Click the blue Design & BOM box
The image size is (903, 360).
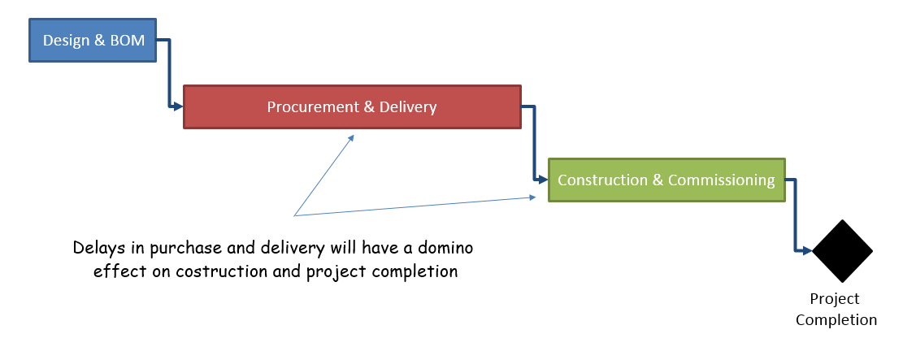93,41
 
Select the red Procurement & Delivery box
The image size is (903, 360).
352,107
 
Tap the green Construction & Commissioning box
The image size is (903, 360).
666,180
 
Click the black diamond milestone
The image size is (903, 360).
842,251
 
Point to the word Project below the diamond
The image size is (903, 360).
835,299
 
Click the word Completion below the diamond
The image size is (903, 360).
836,319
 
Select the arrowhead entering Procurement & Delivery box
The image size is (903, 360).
178,106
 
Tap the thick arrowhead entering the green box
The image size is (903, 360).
543,180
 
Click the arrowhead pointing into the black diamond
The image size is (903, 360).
806,250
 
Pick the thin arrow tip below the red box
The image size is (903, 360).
353,136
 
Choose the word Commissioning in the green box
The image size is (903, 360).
722,180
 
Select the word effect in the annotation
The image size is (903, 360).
111,271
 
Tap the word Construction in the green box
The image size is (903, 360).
603,180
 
